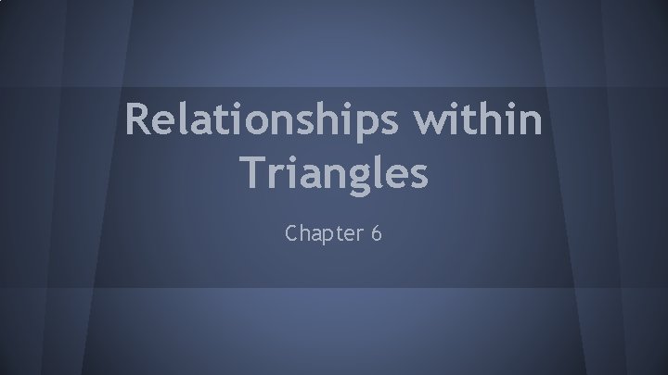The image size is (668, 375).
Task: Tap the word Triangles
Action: (x=333, y=173)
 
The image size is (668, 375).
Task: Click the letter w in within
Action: (x=449, y=122)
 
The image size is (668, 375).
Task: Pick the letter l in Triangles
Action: (x=375, y=171)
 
